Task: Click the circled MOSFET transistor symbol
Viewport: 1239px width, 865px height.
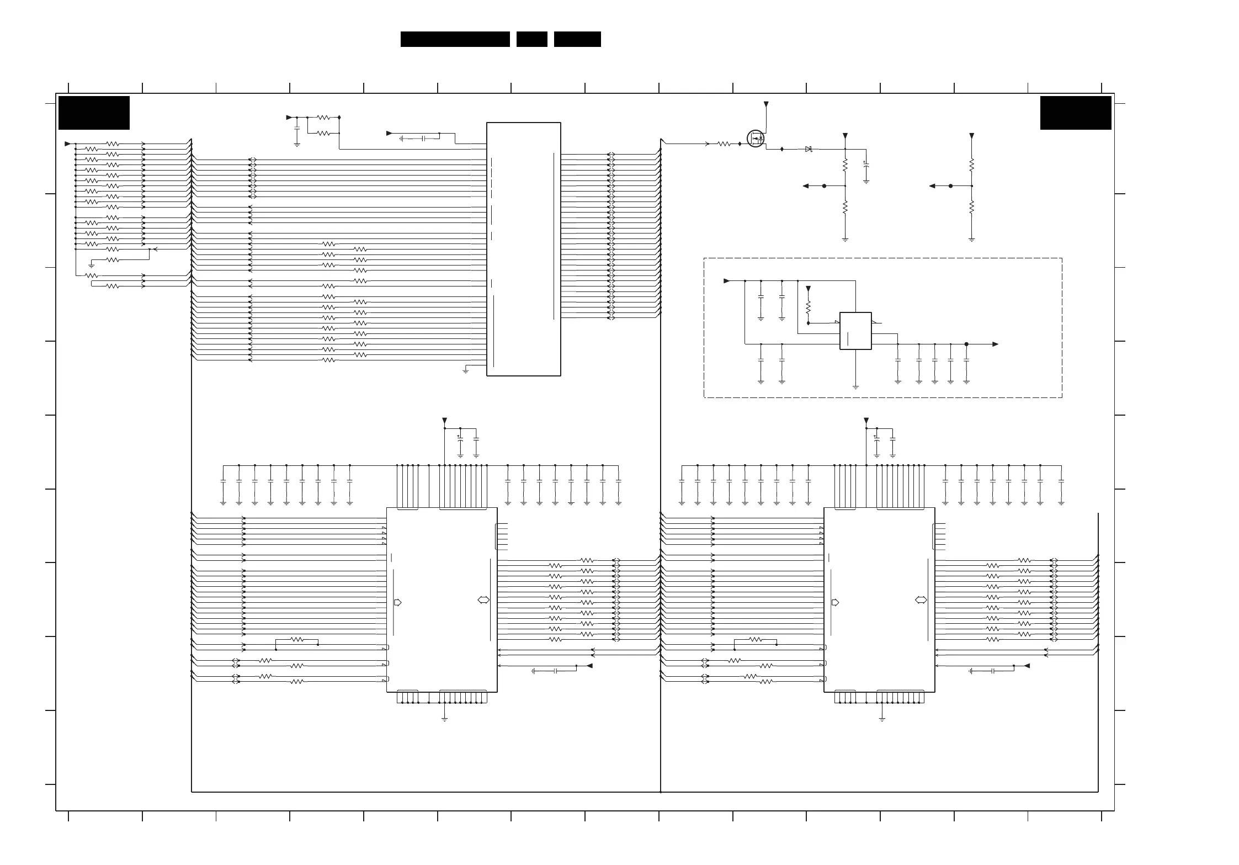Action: pos(756,138)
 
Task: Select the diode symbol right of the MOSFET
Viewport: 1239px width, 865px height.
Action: pos(809,149)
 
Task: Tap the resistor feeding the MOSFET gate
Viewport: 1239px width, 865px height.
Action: pos(724,144)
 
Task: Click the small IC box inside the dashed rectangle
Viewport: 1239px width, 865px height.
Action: pos(855,331)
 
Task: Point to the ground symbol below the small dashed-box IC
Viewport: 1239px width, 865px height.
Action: pos(855,386)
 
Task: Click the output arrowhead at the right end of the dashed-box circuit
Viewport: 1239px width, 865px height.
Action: pos(995,344)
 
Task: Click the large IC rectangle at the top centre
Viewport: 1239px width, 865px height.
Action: pos(523,249)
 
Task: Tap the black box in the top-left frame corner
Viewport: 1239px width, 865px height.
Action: pos(94,113)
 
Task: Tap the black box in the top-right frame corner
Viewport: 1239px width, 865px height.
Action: pos(1075,113)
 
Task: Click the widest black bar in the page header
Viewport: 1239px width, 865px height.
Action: pos(455,39)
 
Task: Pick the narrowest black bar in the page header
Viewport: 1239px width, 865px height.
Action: pos(531,39)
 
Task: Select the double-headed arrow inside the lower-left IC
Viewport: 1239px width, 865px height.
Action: pos(483,600)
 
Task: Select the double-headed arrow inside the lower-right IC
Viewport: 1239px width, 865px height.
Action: pos(921,600)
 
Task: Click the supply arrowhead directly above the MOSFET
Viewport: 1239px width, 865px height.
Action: pos(765,104)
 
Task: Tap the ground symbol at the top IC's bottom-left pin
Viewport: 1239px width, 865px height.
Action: pos(465,371)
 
